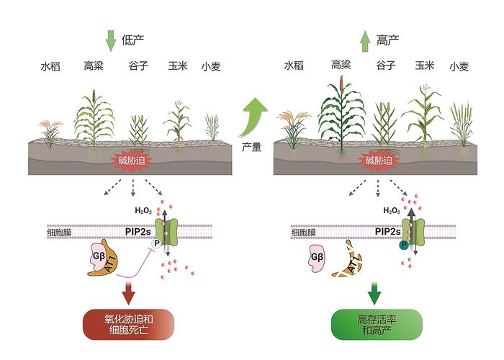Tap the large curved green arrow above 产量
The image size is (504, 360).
(x=253, y=115)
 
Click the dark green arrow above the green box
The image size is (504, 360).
(x=374, y=291)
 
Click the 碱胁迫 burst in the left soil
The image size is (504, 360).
(x=130, y=161)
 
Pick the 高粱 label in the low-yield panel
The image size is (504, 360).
(x=94, y=67)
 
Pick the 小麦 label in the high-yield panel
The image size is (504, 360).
(x=459, y=67)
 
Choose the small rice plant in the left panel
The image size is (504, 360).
(x=50, y=134)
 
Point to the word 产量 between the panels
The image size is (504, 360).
(x=251, y=146)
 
